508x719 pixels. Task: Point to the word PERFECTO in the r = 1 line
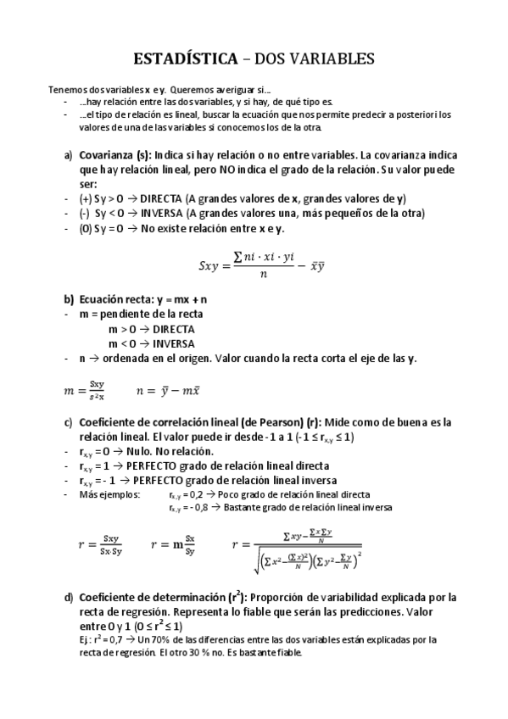click(x=155, y=465)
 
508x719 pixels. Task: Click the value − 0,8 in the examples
click(x=200, y=508)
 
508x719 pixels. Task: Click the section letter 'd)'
click(x=69, y=596)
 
